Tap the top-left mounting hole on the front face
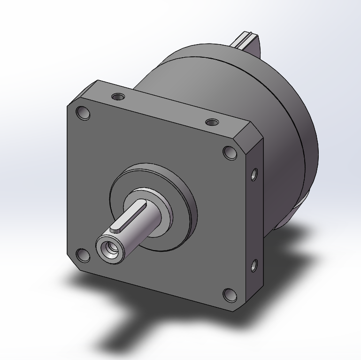(x=83, y=114)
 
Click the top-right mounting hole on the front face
(x=230, y=153)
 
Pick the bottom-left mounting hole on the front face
(x=83, y=256)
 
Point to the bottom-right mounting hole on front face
(x=230, y=295)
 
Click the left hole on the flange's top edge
(x=118, y=97)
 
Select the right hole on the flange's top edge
(x=212, y=123)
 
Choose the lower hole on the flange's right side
(x=254, y=266)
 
